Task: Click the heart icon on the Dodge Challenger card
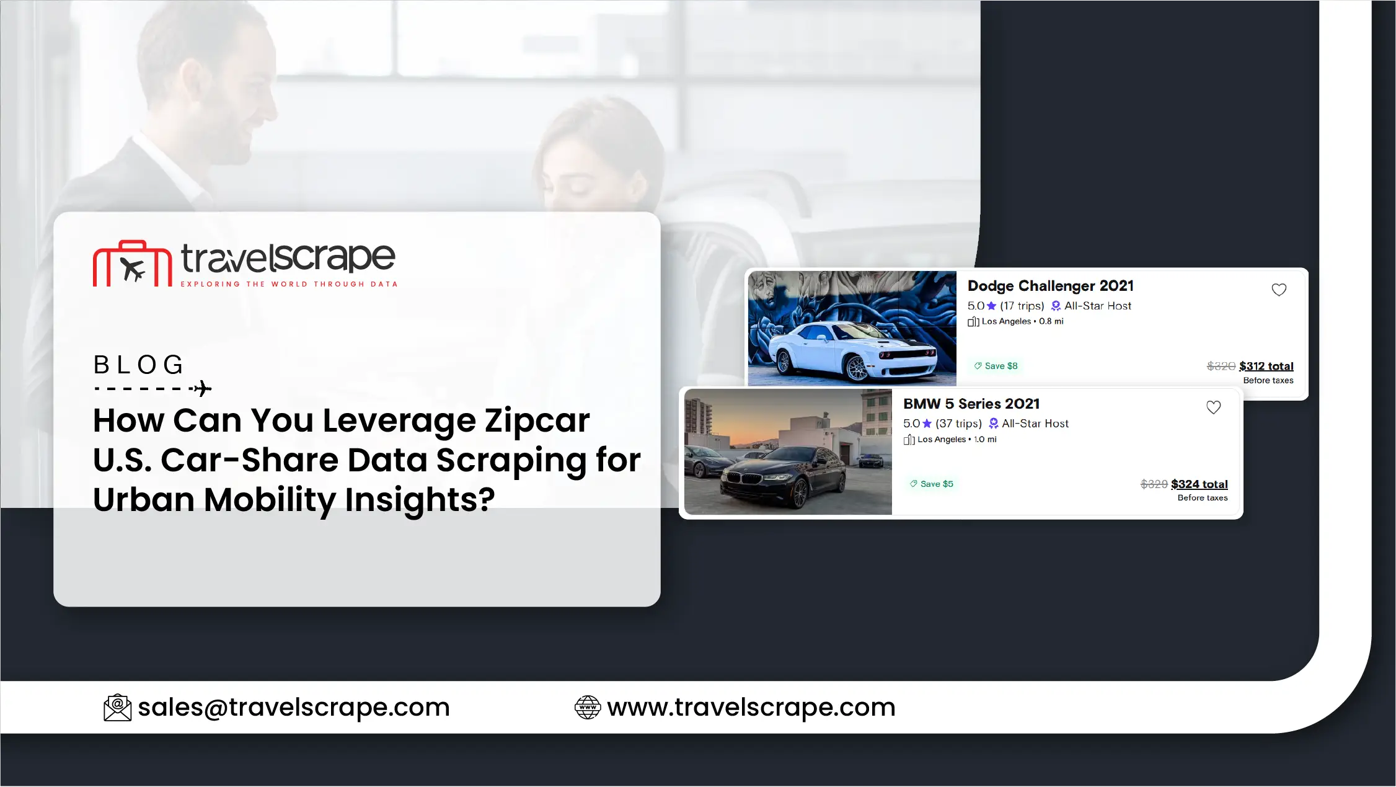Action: click(1279, 290)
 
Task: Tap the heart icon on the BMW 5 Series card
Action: click(1213, 407)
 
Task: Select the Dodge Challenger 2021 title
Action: click(1050, 286)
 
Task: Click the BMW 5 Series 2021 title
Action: click(971, 404)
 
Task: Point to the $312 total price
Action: click(1266, 366)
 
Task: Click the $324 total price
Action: click(1199, 484)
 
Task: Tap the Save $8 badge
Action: click(996, 366)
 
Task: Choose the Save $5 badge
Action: click(931, 484)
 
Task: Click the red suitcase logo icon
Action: click(133, 264)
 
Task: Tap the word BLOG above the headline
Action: click(138, 365)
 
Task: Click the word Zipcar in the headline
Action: click(537, 421)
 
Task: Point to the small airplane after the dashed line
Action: click(202, 389)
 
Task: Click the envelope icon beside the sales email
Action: click(117, 708)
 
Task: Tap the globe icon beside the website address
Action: click(588, 708)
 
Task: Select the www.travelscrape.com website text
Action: click(751, 707)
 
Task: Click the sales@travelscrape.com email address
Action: click(294, 707)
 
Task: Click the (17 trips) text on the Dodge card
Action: click(1022, 306)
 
